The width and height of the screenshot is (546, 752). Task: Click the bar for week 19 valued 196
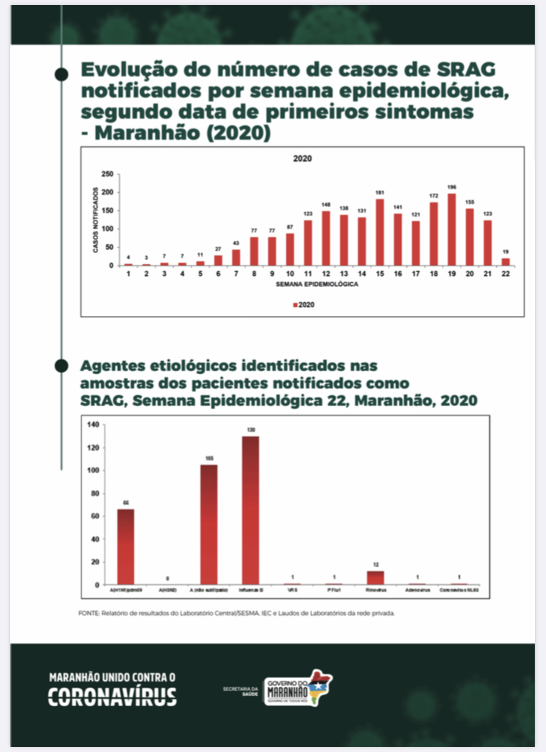(451, 229)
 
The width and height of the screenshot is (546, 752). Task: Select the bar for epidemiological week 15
(379, 232)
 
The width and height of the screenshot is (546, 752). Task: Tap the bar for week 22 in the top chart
(505, 261)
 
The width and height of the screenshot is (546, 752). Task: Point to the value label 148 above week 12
(325, 205)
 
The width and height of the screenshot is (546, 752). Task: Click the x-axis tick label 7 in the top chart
(236, 273)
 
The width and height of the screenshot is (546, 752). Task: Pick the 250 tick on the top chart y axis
(107, 174)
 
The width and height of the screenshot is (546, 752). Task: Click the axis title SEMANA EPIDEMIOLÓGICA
(316, 285)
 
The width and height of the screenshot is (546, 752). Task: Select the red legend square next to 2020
(295, 306)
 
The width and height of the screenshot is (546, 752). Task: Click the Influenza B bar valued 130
(250, 510)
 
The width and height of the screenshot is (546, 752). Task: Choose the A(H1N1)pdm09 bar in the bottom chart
(126, 547)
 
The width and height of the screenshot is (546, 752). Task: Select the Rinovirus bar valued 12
(376, 577)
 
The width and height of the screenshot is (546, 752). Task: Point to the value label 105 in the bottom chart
(209, 459)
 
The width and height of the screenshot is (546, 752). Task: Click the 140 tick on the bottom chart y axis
(93, 424)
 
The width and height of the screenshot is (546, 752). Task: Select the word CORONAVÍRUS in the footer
(112, 697)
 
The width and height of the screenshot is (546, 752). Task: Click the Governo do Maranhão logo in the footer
(298, 688)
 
